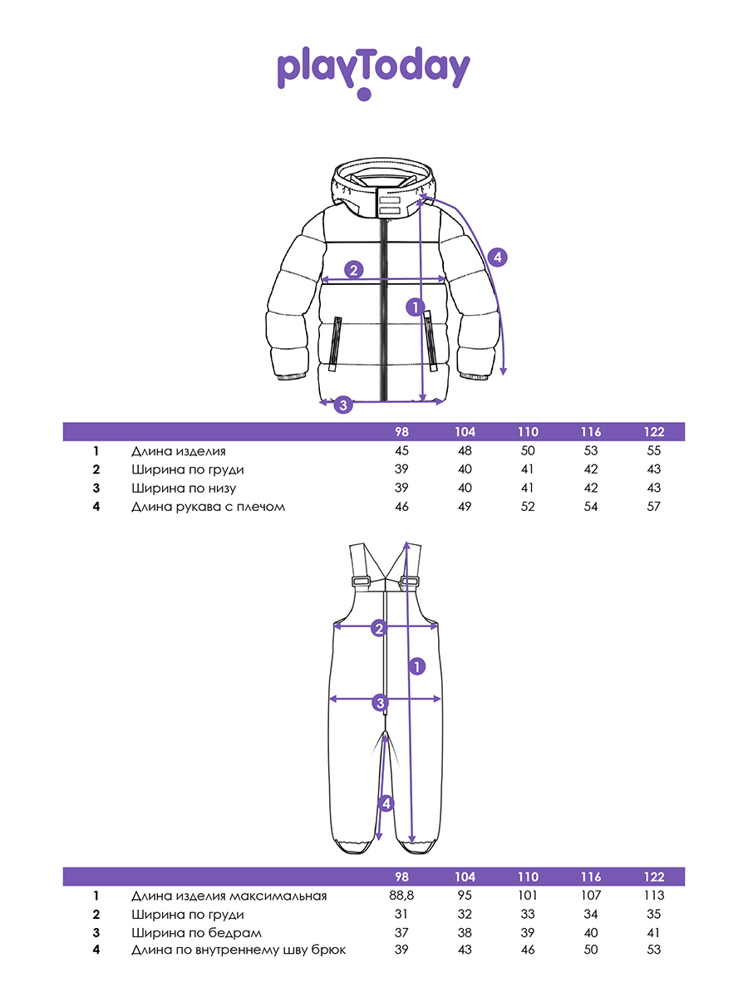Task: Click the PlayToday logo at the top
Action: coord(373,71)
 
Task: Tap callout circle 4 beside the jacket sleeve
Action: coord(497,258)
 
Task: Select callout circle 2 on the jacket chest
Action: coord(354,269)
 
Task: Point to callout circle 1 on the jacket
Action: coord(416,307)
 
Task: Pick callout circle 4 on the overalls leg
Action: coord(385,803)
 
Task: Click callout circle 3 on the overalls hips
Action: coord(380,704)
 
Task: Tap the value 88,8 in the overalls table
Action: coord(402,896)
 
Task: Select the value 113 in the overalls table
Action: coord(653,896)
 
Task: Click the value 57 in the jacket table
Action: coord(653,506)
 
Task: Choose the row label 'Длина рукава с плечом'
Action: coord(208,506)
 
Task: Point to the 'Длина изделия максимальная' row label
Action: coord(229,896)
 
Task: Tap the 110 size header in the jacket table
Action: coord(528,432)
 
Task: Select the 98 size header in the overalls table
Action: coord(402,877)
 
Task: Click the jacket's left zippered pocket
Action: coord(335,342)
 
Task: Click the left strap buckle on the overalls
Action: coord(361,582)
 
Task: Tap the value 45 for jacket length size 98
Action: coord(402,451)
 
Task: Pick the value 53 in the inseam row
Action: coord(653,950)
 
